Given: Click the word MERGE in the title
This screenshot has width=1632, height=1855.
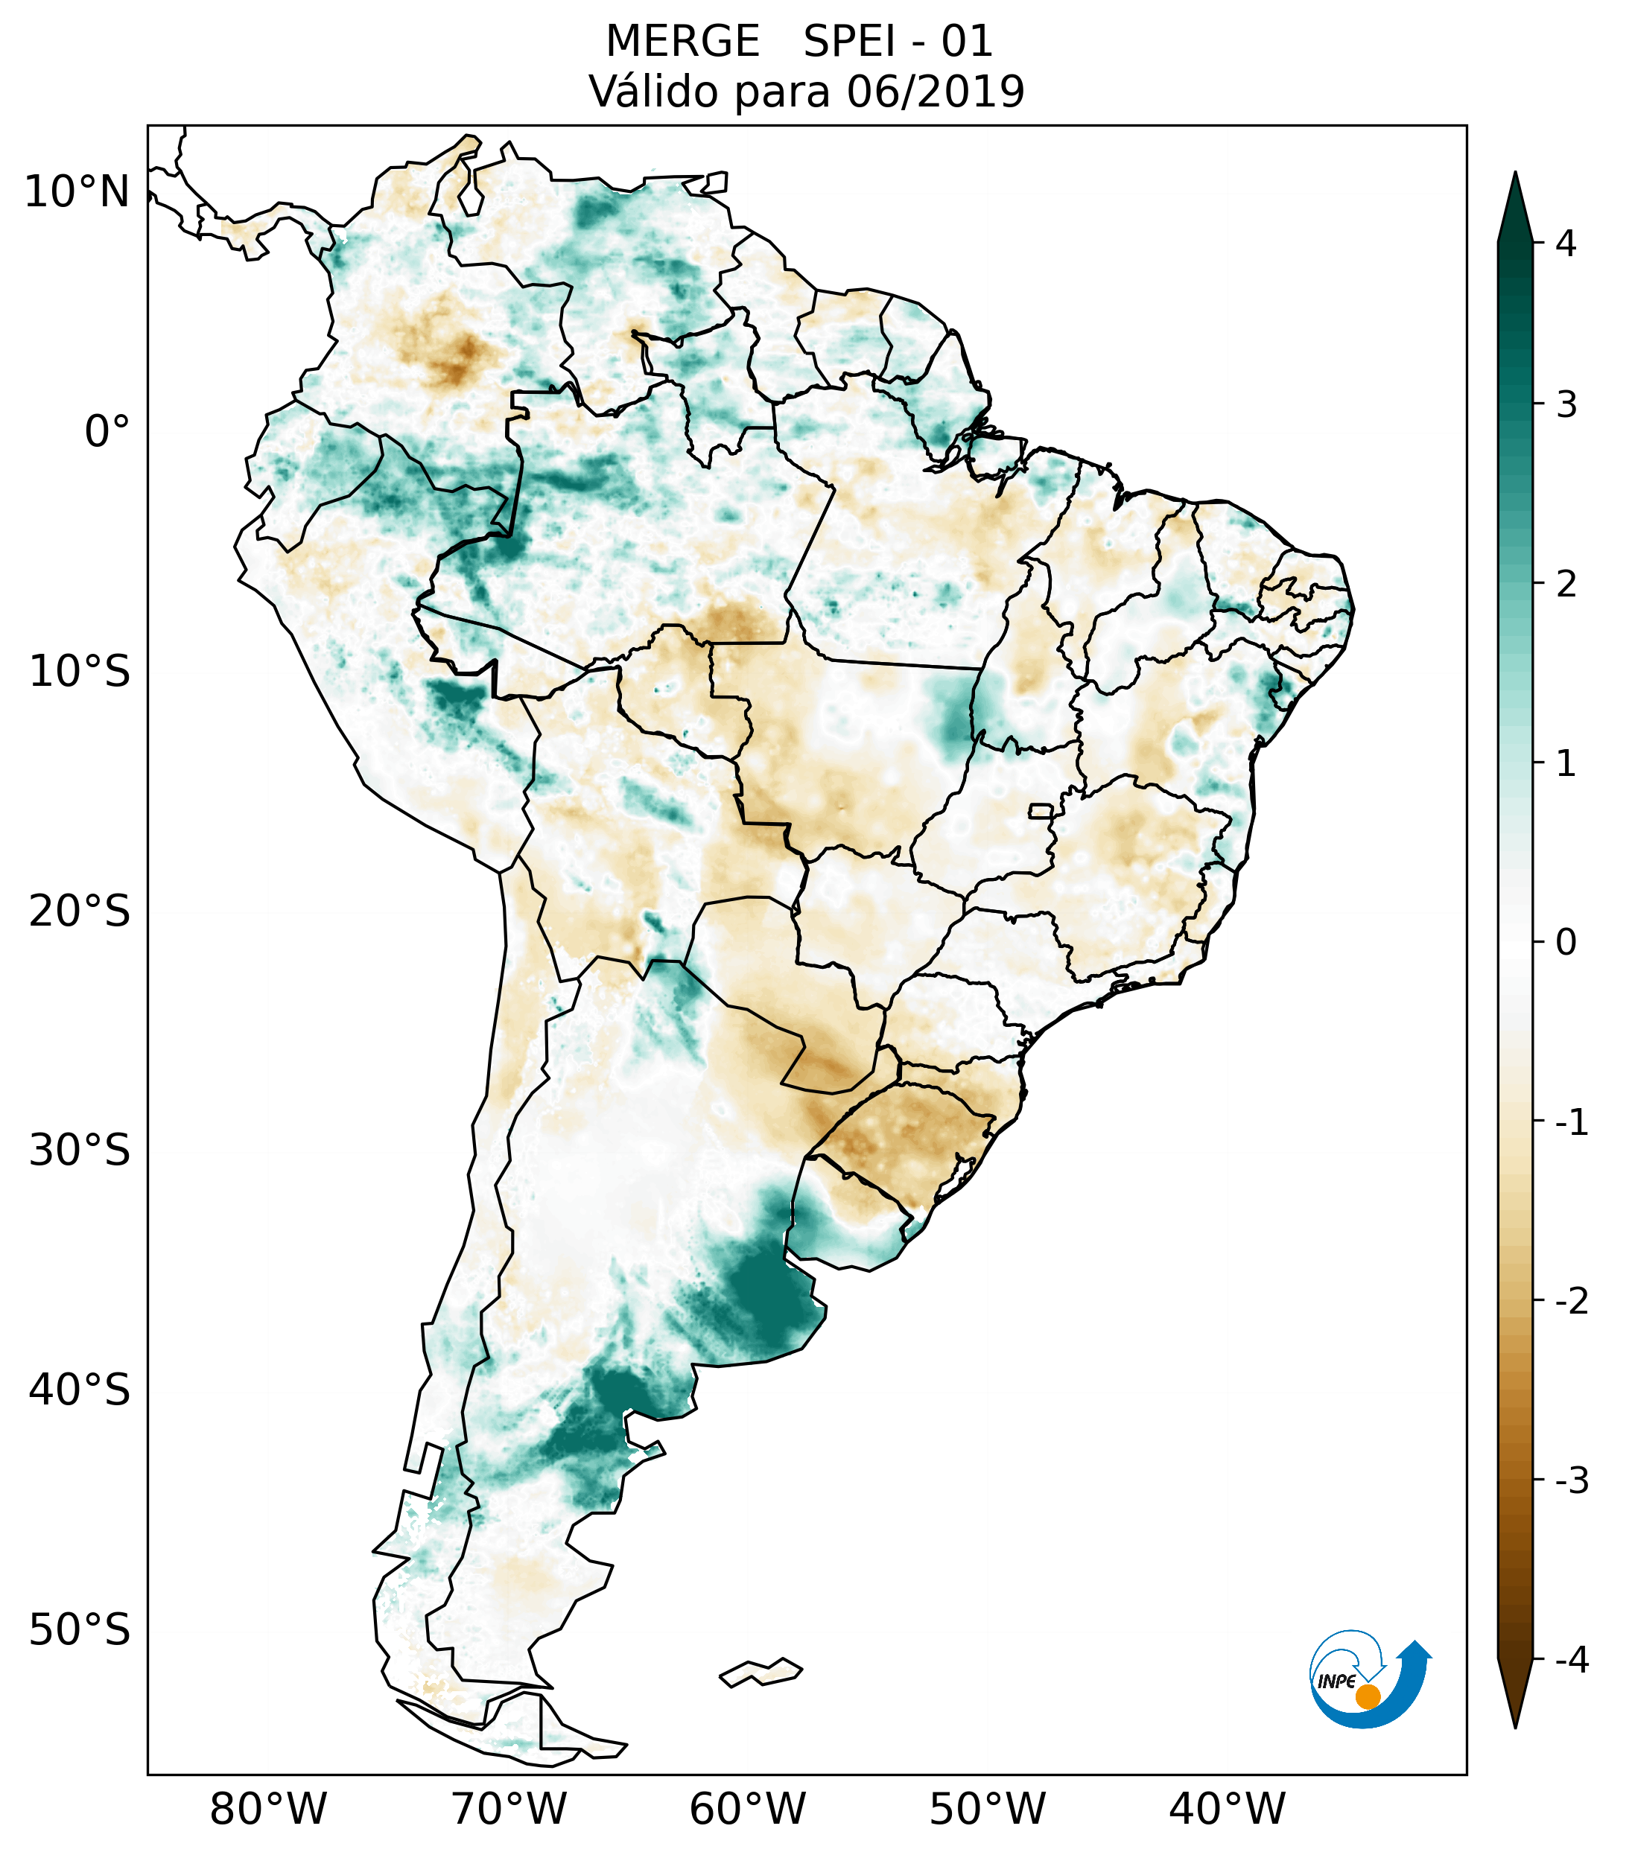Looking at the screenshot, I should (x=682, y=42).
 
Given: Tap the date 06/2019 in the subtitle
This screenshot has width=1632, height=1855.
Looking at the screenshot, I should (x=935, y=92).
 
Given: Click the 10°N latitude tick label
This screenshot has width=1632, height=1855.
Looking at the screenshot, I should (x=77, y=192).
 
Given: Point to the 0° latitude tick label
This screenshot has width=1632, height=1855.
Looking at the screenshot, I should (x=107, y=432).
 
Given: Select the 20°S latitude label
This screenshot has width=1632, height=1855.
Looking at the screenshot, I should (x=80, y=911).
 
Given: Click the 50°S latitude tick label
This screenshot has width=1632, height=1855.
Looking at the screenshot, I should (x=80, y=1631).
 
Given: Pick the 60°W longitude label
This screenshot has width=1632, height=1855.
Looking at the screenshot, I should (x=747, y=1809).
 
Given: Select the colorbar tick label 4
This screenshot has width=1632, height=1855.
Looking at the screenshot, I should (x=1566, y=244).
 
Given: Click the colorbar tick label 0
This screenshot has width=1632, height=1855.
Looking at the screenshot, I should (x=1566, y=943).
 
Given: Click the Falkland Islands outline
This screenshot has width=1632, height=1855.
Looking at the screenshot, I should (x=761, y=1673).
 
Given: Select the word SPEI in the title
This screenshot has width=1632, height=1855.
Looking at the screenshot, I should (x=848, y=42).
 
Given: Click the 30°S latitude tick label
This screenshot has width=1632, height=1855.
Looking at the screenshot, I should (x=80, y=1151).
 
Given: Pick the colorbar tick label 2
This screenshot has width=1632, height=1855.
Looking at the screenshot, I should (x=1566, y=585).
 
